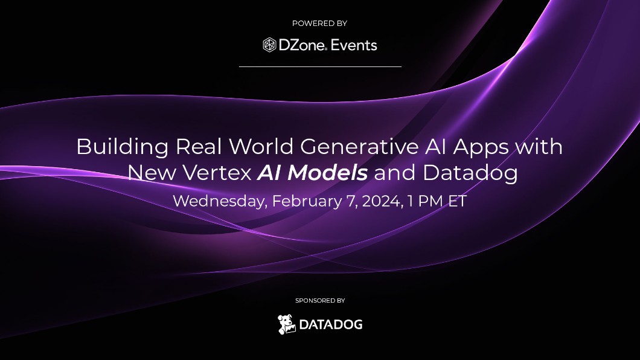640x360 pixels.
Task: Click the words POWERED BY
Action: coord(319,24)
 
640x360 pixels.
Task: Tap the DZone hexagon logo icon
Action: coord(269,45)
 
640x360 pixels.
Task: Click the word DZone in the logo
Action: coord(302,45)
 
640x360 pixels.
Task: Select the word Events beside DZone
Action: coord(354,45)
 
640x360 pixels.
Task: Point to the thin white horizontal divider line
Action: coord(320,66)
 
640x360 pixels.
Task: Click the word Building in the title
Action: coord(123,147)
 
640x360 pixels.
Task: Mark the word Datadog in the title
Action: coord(470,173)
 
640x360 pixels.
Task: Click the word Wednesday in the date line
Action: coord(220,201)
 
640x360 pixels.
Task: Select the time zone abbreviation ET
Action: coord(458,201)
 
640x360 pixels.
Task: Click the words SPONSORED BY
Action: coord(320,301)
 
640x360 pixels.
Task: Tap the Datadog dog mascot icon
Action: coord(287,324)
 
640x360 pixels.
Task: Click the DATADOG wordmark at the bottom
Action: coord(331,325)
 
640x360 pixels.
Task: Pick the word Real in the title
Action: coord(199,147)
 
